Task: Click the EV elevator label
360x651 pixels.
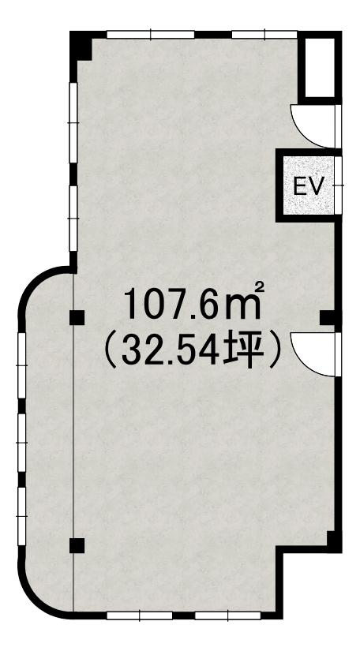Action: pyautogui.click(x=308, y=185)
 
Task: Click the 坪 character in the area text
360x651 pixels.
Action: pyautogui.click(x=238, y=353)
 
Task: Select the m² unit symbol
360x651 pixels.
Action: pyautogui.click(x=245, y=302)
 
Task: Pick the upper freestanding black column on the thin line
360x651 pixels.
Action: pyautogui.click(x=77, y=318)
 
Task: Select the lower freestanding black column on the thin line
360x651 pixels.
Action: pyautogui.click(x=77, y=545)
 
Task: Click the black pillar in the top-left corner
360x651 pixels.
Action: pyautogui.click(x=81, y=46)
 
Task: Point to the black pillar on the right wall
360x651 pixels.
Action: pyautogui.click(x=329, y=318)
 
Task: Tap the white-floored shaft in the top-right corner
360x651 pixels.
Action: pyautogui.click(x=320, y=67)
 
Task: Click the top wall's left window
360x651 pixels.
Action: pyautogui.click(x=150, y=35)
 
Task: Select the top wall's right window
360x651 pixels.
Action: pyautogui.click(x=264, y=35)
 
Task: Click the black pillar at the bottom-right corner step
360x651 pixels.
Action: pyautogui.click(x=333, y=541)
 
